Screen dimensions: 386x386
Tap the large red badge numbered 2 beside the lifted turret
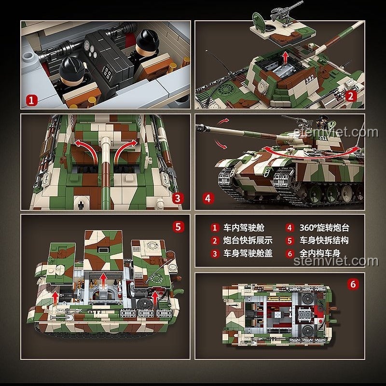pos(352,95)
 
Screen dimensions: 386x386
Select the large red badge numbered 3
pos(177,197)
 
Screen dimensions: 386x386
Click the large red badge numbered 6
pos(353,284)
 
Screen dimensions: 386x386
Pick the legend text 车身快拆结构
pos(324,240)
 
